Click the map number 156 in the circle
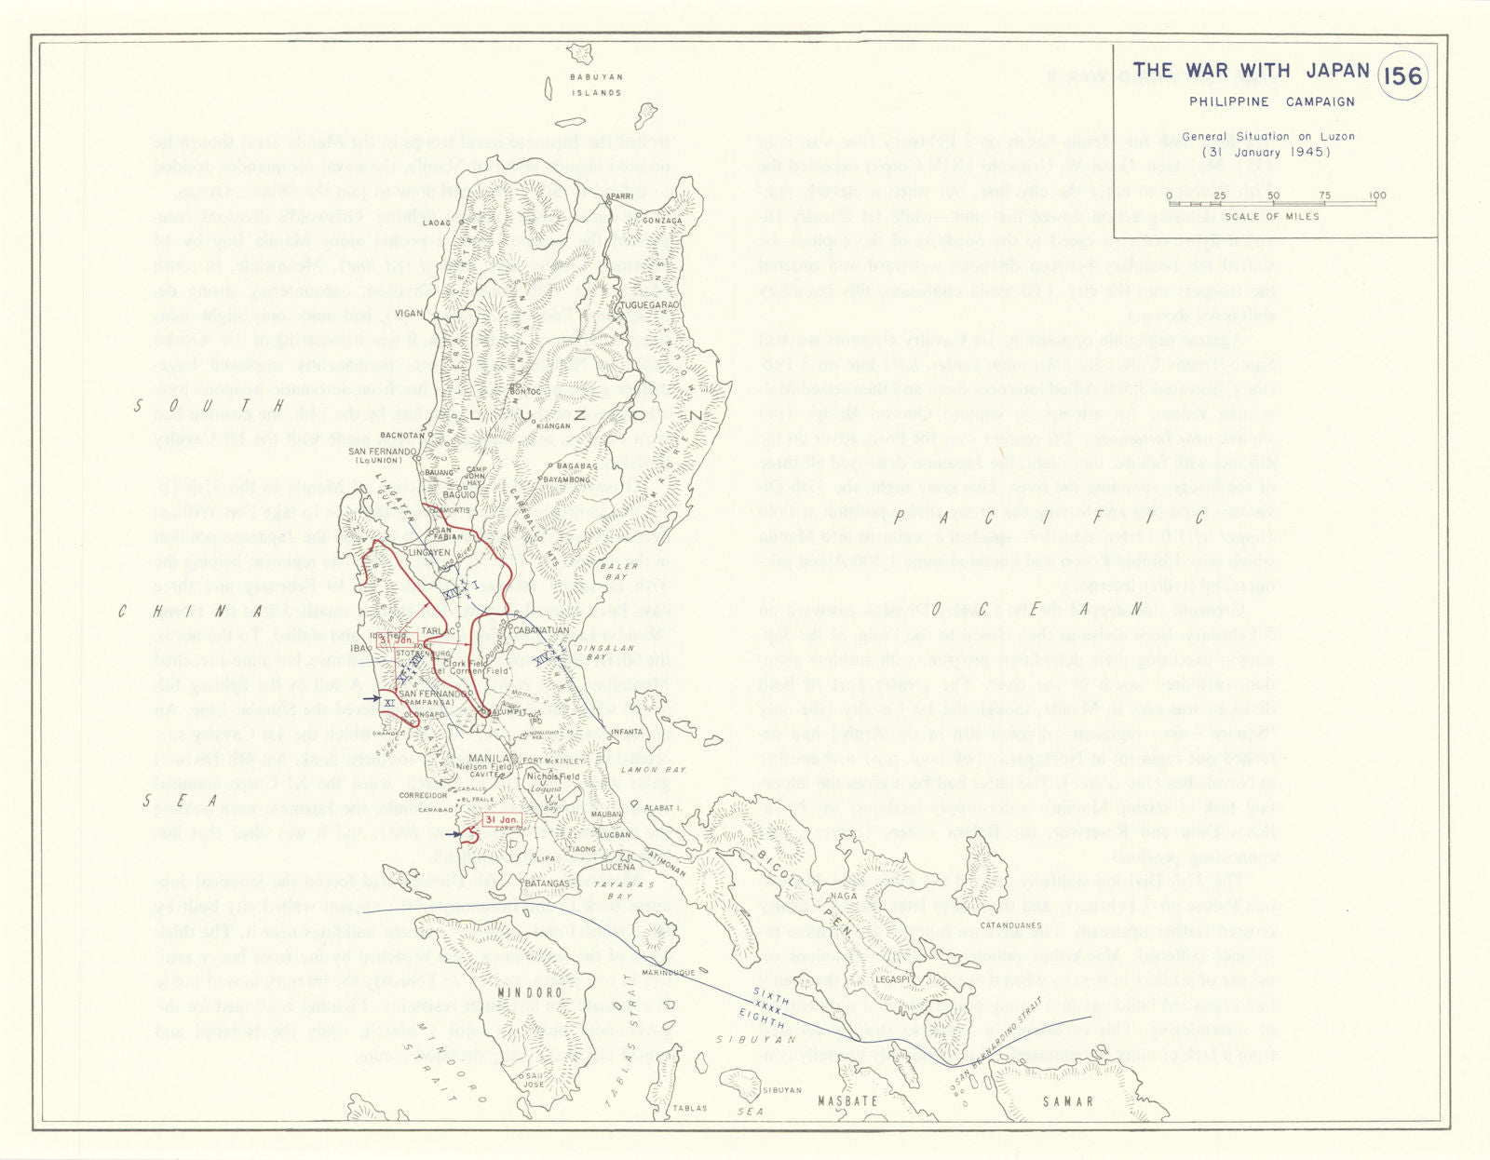click(1402, 75)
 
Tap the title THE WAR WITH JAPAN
click(1251, 71)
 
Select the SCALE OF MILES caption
click(1271, 216)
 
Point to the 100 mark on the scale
click(1377, 196)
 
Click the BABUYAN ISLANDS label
click(596, 85)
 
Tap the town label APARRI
click(619, 196)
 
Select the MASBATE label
click(847, 1101)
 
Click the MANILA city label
click(488, 759)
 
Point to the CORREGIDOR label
click(424, 796)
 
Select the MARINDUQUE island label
click(669, 973)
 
